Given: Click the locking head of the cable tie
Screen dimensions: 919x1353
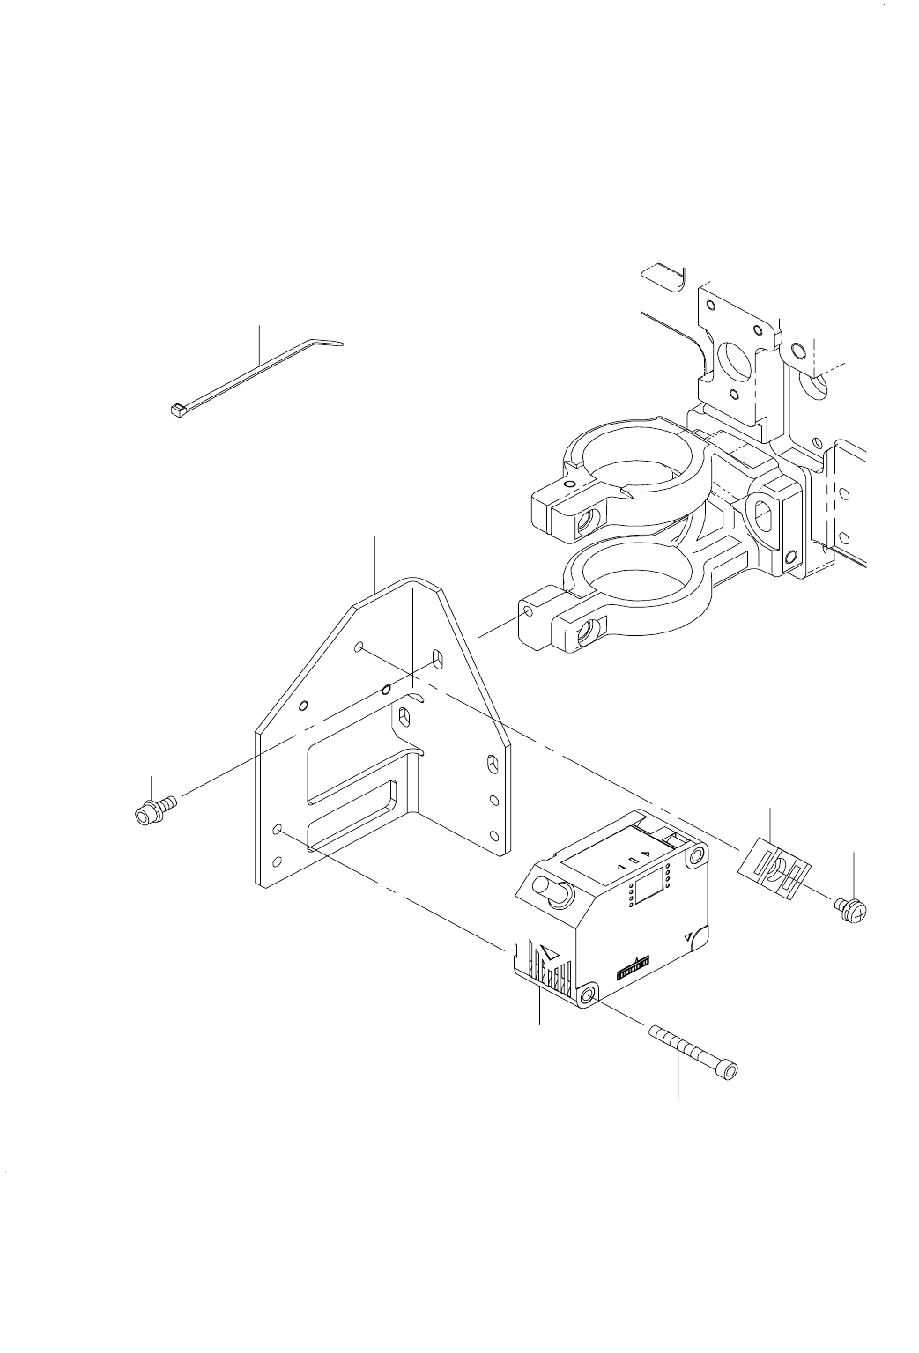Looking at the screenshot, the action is [x=175, y=409].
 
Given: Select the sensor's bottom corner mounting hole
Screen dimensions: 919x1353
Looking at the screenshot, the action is [x=587, y=996].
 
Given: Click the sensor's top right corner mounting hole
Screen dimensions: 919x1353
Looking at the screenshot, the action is [x=697, y=854].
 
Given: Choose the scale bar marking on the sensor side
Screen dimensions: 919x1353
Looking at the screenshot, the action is [x=634, y=968].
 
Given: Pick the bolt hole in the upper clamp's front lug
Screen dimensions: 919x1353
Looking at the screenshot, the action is [x=584, y=524].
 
